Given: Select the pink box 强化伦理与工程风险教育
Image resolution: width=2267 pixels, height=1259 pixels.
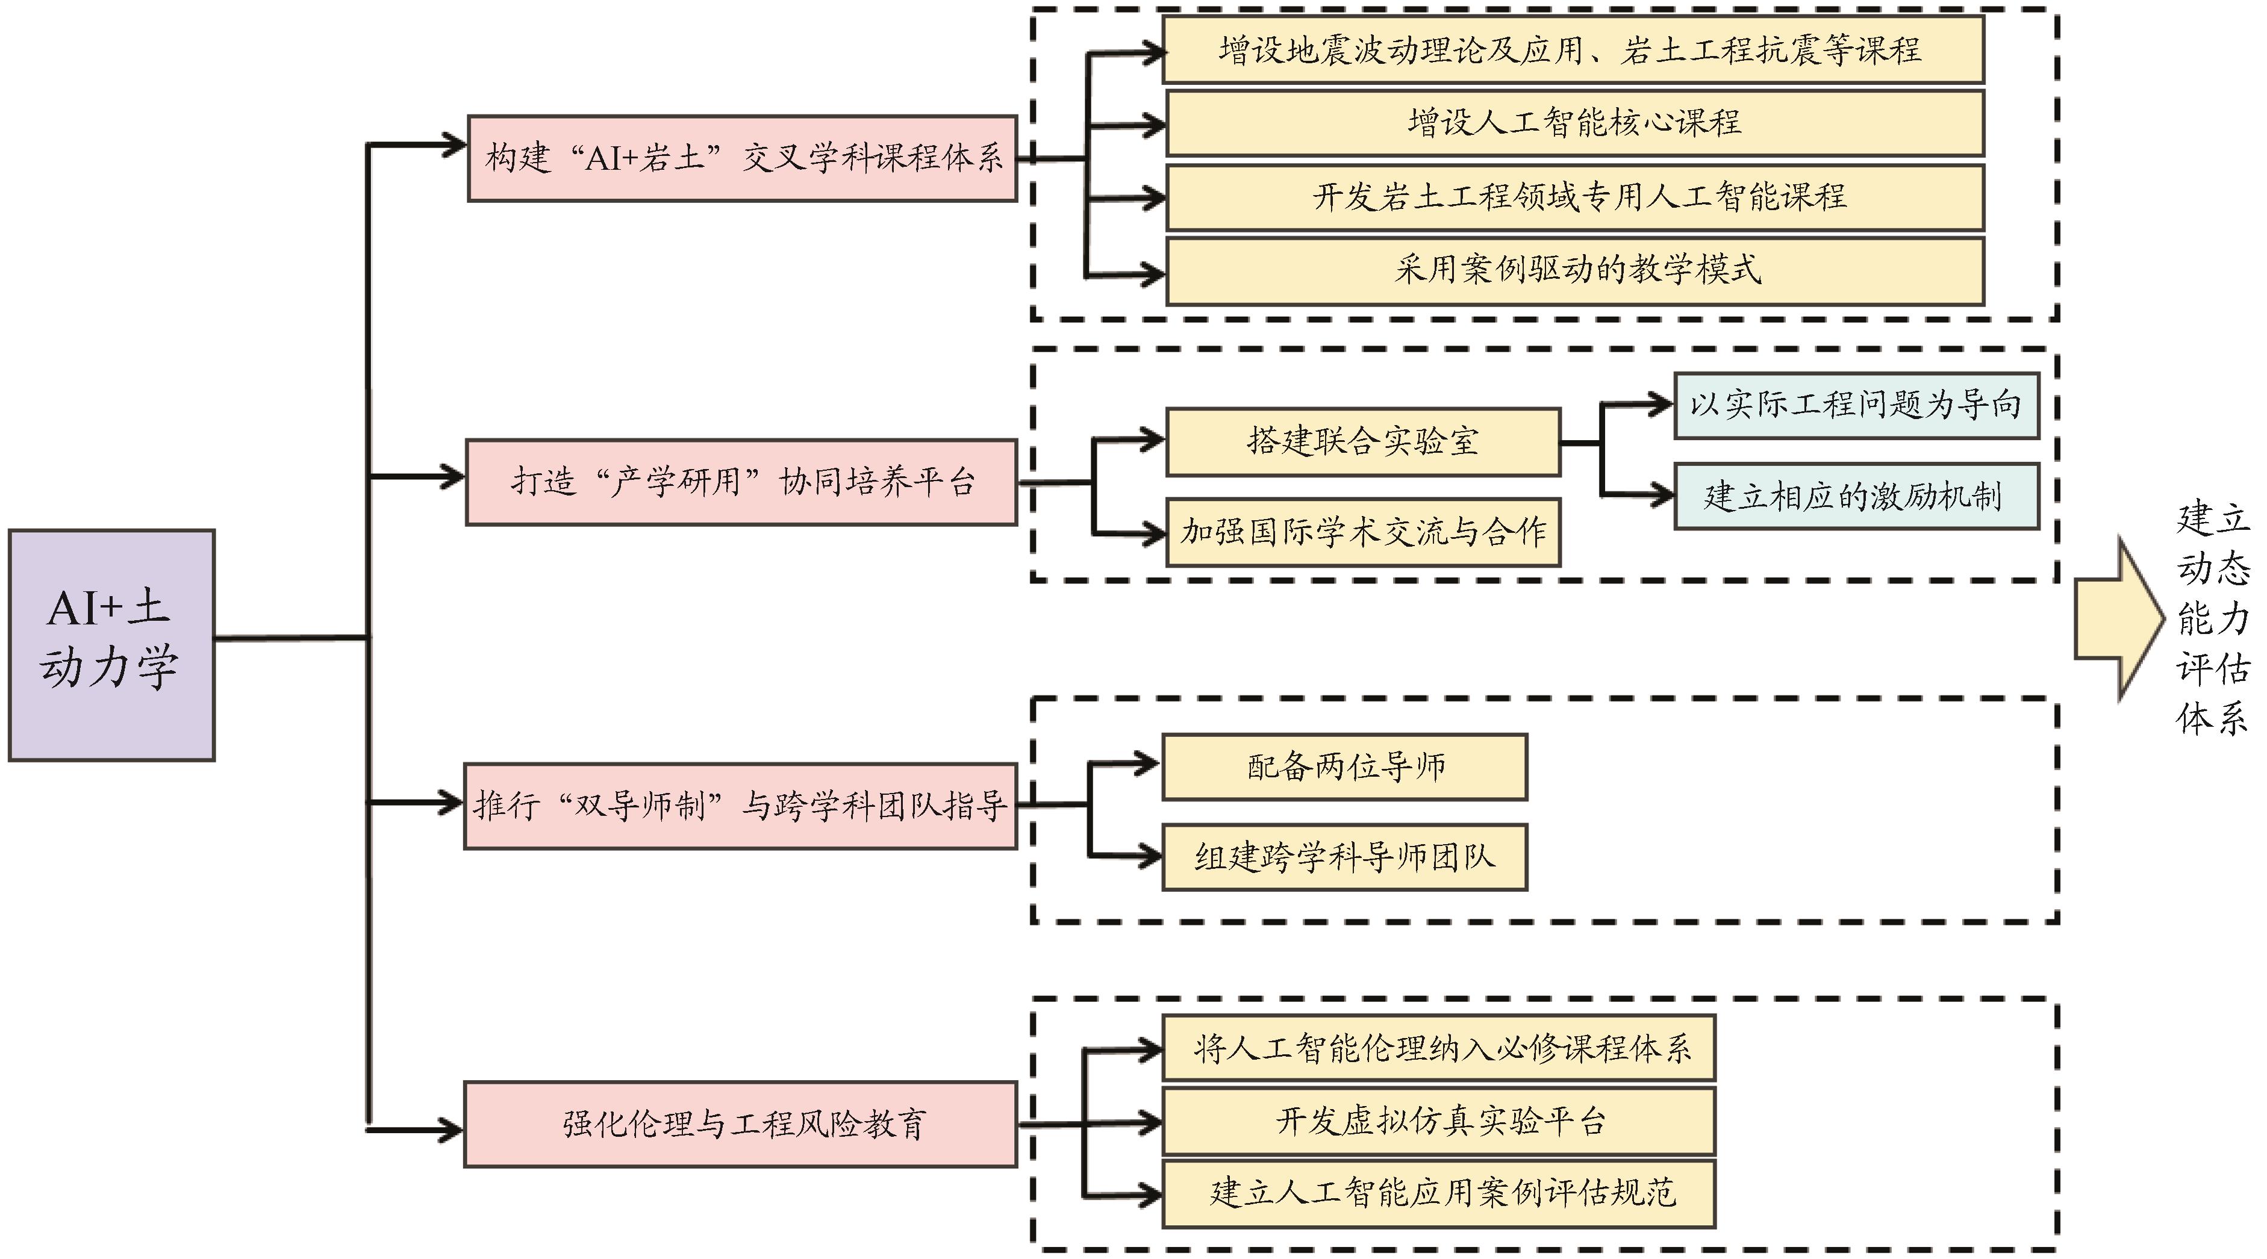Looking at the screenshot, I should coord(740,1124).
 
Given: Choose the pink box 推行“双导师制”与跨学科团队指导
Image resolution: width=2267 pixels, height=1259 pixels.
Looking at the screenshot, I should coord(740,805).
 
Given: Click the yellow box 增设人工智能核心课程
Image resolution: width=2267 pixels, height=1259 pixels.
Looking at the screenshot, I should coord(1574,122).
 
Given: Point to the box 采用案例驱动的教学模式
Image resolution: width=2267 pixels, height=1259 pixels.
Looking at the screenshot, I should coord(1574,269).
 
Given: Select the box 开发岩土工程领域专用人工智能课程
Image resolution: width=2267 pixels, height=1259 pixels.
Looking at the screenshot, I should coord(1574,196).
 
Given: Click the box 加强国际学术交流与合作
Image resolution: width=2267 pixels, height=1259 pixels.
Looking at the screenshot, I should coord(1362,532).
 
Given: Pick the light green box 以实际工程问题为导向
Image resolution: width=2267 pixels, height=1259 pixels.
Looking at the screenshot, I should coord(1855,405).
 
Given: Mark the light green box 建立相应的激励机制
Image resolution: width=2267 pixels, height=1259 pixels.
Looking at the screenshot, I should coord(1855,496).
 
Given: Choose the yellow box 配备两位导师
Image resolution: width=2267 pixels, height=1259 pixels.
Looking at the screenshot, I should coord(1344,766).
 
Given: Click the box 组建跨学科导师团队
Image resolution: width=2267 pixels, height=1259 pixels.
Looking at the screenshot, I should coord(1344,857).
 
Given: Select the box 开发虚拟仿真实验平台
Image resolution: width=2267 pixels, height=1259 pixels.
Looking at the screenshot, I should coord(1438,1121).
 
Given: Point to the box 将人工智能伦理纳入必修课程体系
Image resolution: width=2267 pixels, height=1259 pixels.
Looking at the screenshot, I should coord(1438,1048).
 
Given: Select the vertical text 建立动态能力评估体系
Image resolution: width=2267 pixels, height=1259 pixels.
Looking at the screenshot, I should coord(2212,618).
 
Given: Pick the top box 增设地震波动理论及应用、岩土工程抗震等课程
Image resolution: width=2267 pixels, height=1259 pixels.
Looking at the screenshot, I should coord(1572,49).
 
